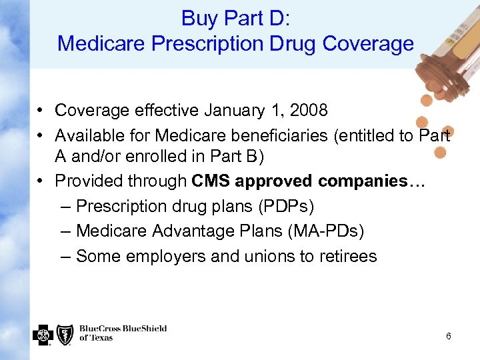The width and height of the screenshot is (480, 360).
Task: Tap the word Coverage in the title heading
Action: [368, 44]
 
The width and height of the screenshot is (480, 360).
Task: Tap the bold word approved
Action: [276, 181]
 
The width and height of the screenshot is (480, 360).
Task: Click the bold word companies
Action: [363, 181]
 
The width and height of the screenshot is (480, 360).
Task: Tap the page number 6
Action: [448, 336]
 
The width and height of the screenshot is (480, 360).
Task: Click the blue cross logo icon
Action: [43, 334]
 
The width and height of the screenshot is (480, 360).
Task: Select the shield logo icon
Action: [65, 334]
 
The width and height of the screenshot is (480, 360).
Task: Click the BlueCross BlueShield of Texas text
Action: [123, 333]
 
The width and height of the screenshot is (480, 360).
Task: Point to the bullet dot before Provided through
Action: [41, 181]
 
